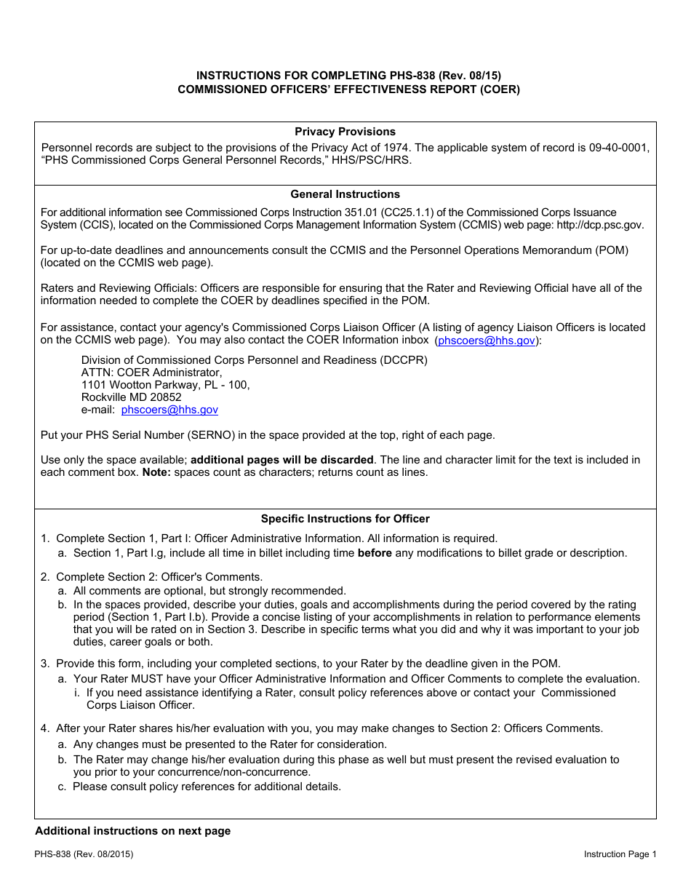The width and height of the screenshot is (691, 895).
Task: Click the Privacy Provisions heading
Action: [345, 132]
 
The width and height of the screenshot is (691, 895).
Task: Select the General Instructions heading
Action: [345, 194]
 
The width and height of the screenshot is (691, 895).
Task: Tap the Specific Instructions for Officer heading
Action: [345, 519]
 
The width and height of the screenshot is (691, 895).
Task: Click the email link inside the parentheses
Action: [487, 341]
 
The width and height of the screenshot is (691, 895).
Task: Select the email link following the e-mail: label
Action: [169, 410]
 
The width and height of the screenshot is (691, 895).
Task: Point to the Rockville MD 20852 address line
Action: [131, 397]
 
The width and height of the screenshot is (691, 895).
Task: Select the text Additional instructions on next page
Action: [132, 831]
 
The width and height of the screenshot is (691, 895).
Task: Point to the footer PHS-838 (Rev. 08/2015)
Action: [83, 854]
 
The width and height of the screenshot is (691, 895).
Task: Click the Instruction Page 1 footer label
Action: [620, 854]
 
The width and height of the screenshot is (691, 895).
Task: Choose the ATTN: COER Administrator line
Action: [151, 373]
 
